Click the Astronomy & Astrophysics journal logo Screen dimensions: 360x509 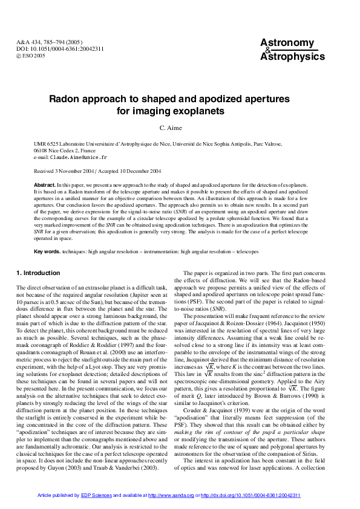click(x=292, y=50)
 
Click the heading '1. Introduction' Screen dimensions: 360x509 click(x=38, y=273)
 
